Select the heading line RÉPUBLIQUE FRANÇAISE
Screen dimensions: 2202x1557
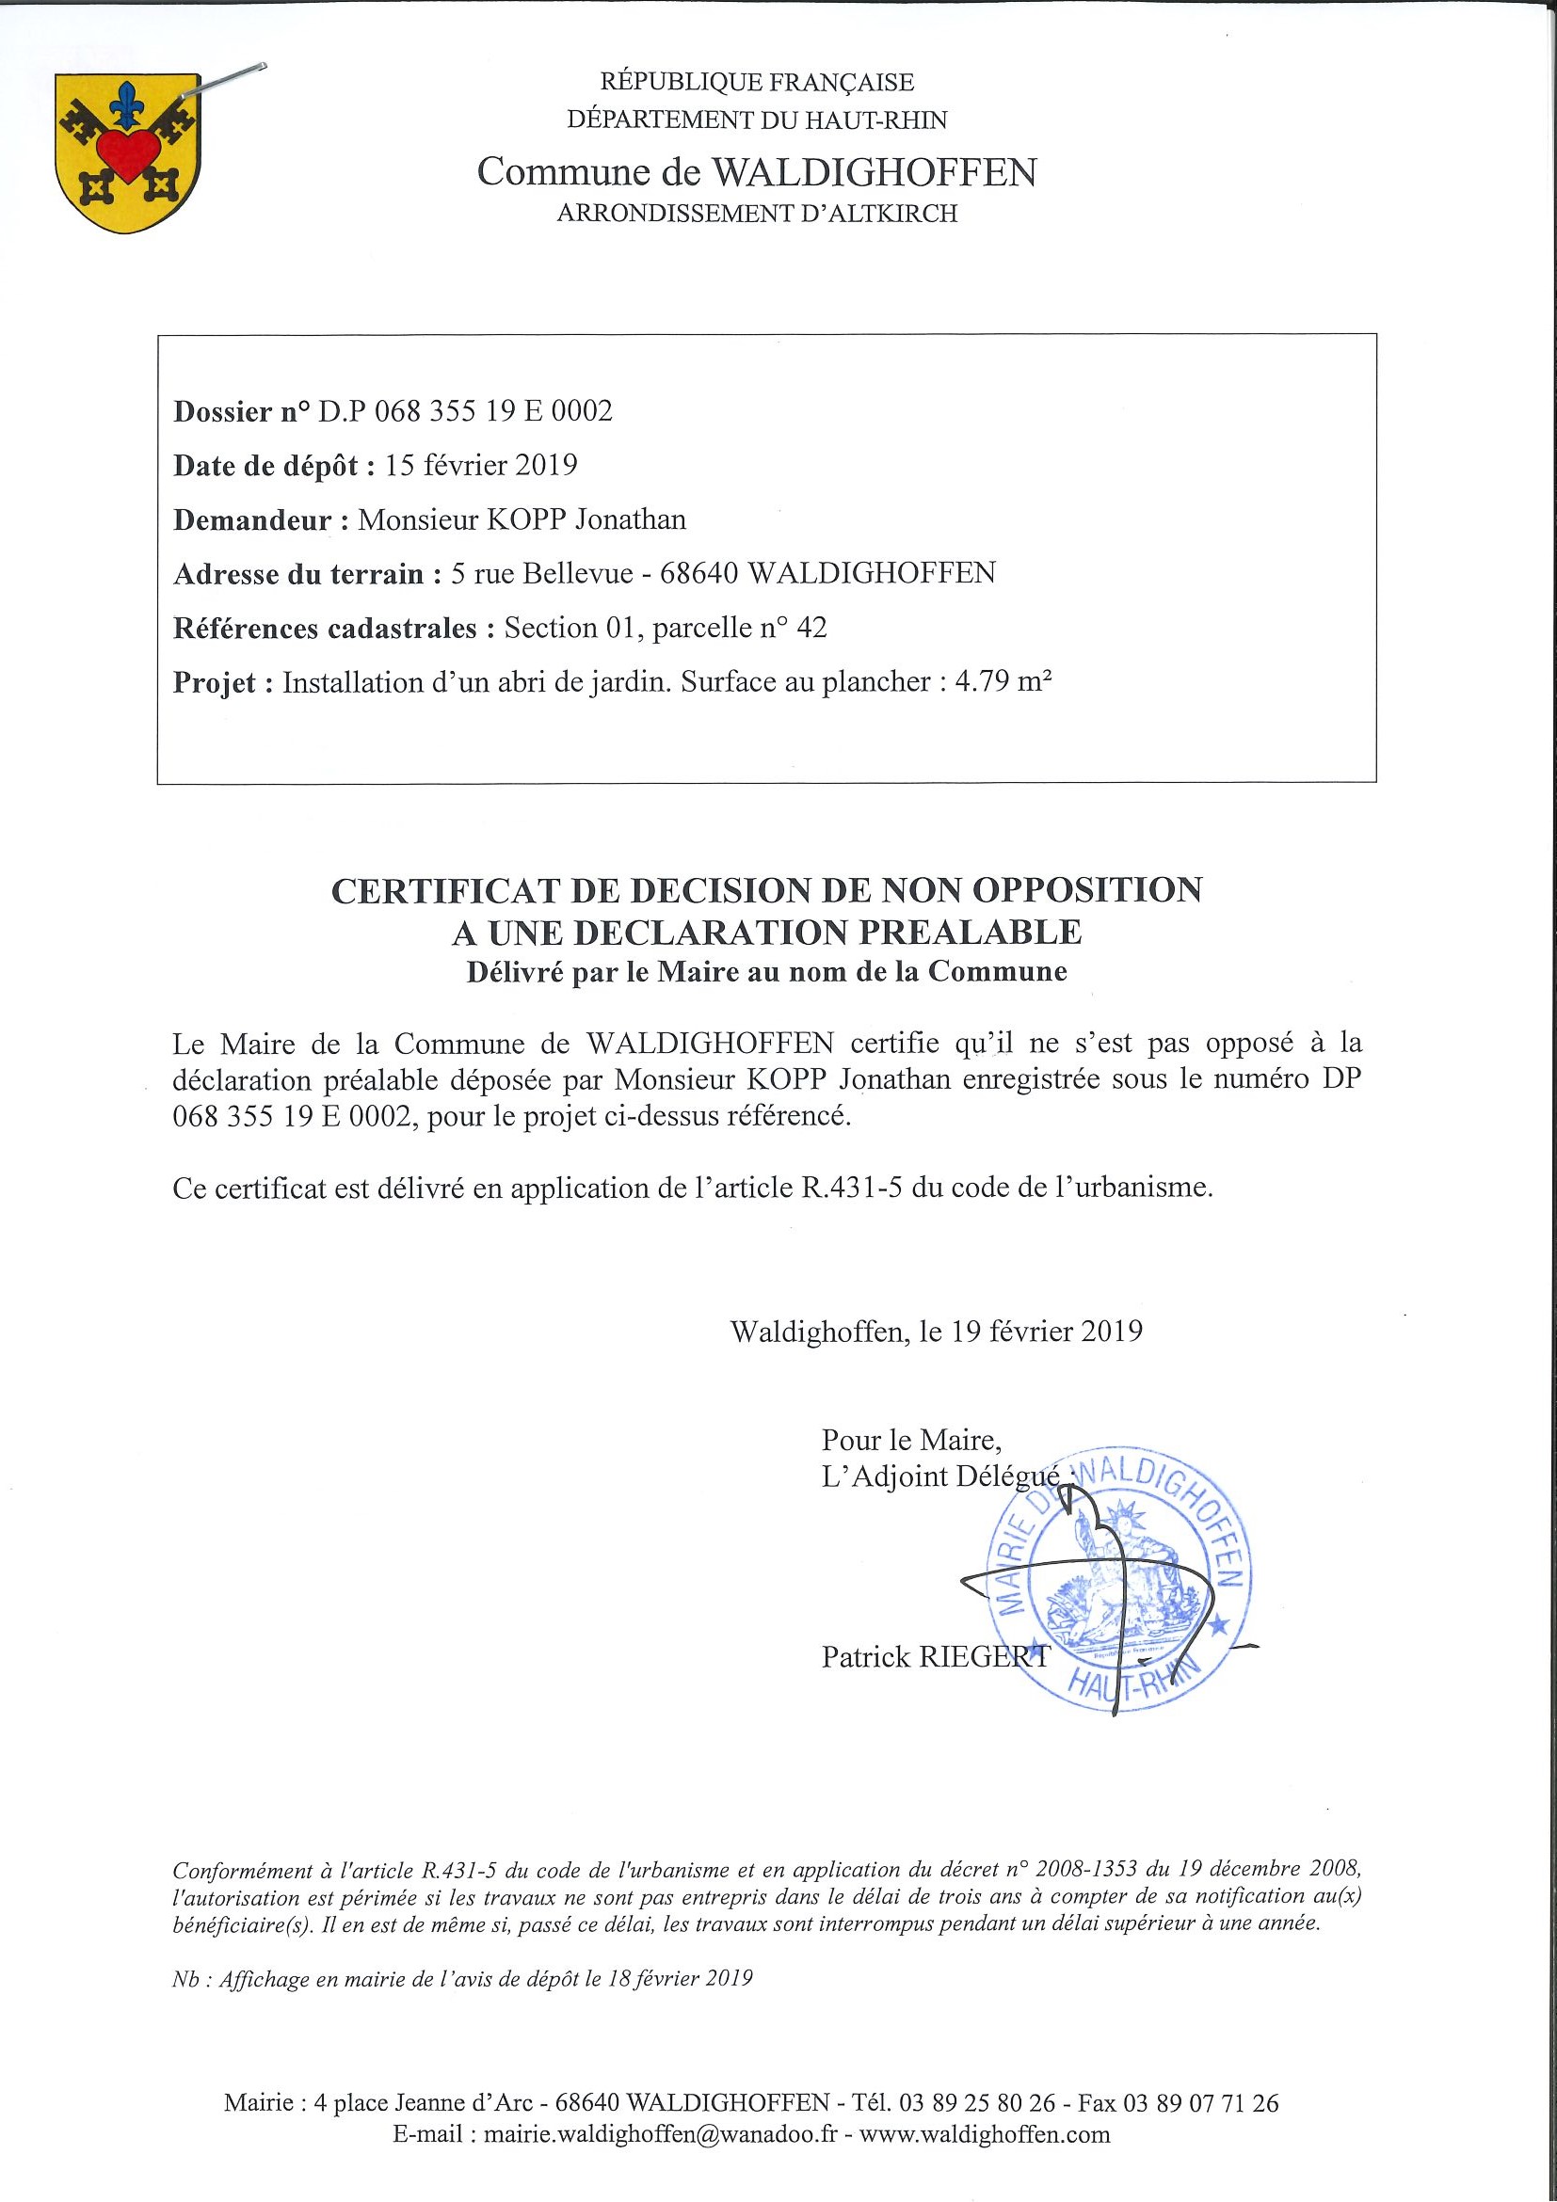click(x=757, y=83)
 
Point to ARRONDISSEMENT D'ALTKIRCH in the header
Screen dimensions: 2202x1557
click(x=757, y=214)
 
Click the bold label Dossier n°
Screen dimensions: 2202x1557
click(x=242, y=411)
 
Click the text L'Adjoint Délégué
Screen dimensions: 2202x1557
click(x=940, y=1477)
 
